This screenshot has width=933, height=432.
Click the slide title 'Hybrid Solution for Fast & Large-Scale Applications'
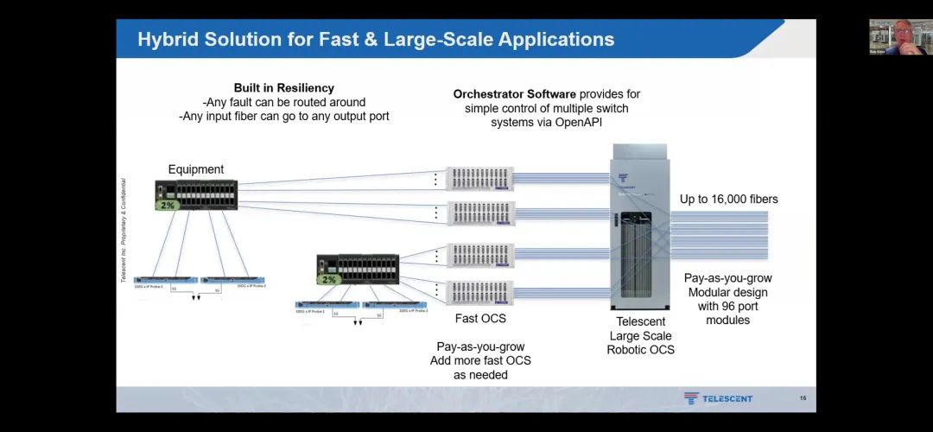point(376,40)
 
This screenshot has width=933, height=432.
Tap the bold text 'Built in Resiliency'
point(283,88)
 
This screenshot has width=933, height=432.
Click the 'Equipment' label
point(196,169)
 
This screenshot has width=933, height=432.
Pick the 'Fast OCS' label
point(479,319)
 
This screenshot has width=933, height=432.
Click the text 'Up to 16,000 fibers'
point(728,200)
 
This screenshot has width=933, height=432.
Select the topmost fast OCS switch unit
point(479,179)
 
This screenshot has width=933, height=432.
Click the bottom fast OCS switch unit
point(479,292)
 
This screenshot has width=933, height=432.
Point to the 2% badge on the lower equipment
point(328,280)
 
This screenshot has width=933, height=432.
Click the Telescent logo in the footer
point(718,398)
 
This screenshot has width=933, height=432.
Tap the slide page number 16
point(803,398)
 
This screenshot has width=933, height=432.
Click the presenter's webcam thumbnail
point(898,37)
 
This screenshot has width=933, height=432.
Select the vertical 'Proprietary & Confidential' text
point(124,231)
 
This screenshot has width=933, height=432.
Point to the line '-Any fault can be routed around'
point(283,102)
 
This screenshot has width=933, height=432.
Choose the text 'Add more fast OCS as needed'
point(480,367)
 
